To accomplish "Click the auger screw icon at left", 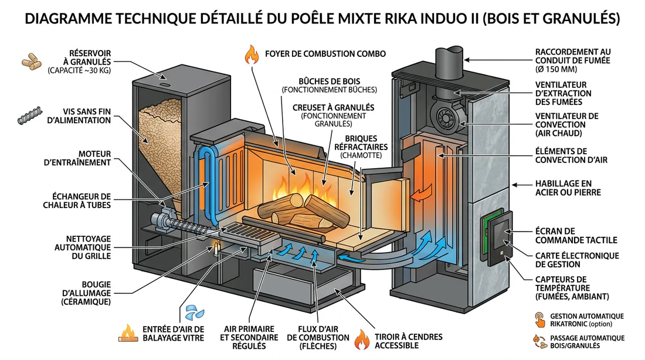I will pos(29,115).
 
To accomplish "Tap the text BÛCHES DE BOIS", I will pos(329,80).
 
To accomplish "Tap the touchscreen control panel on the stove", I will pos(498,237).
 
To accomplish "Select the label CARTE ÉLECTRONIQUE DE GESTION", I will pos(577,260).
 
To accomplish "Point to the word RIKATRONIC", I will pos(567,324).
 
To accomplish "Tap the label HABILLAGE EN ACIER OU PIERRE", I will pos(568,188).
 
